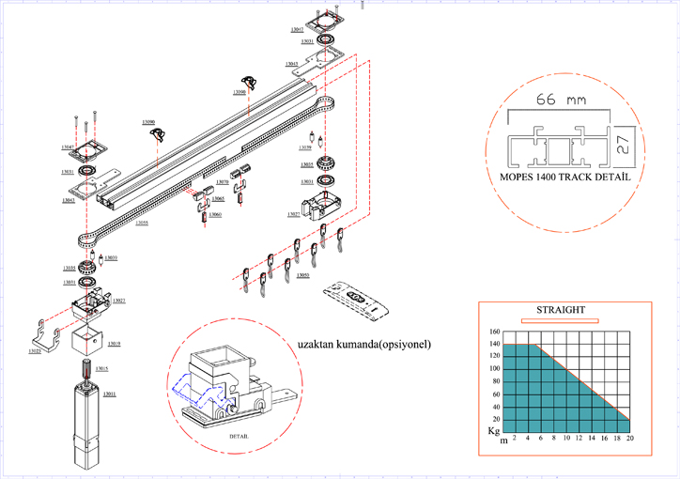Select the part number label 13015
pos(101,369)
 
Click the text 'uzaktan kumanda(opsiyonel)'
pos(363,344)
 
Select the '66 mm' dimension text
pos(554,100)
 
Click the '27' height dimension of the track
pos(623,144)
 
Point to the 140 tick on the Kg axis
pos(494,345)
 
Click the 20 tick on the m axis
pos(630,439)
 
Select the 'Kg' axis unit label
pos(492,430)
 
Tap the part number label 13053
pos(302,275)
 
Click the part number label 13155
pos(141,223)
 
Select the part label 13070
pos(222,181)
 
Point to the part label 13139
pos(304,148)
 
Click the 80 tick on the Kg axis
pos(494,381)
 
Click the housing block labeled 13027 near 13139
pos(320,203)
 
